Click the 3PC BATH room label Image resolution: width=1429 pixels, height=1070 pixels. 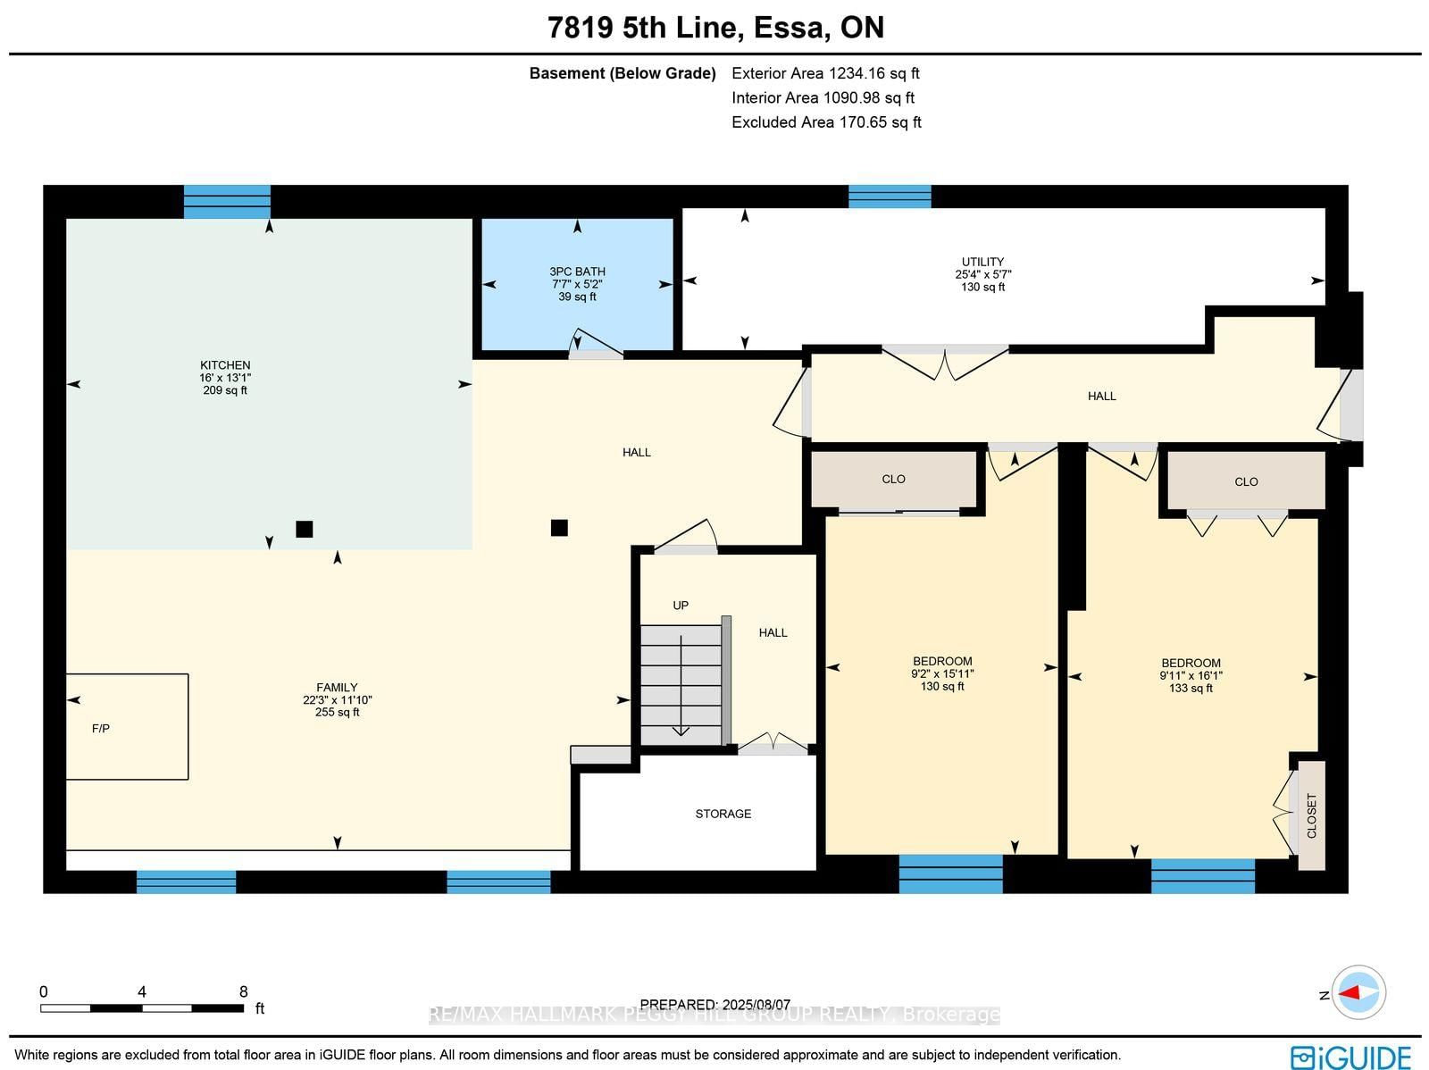point(577,272)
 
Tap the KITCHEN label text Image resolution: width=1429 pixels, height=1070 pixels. point(225,364)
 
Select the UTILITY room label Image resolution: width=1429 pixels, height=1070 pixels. point(982,262)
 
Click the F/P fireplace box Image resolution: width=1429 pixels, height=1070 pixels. point(127,726)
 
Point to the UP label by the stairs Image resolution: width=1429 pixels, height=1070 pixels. point(681,606)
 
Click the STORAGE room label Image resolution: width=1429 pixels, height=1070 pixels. point(723,814)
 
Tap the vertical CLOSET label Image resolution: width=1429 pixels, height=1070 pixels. point(1311,815)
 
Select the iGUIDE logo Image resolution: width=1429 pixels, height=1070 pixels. point(1350,1057)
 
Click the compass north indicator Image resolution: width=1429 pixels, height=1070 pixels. point(1358,993)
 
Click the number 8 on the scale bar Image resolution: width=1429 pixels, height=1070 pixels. point(243,991)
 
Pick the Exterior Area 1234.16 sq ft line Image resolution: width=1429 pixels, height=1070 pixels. point(825,73)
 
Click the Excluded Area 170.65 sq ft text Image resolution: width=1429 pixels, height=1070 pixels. point(826,122)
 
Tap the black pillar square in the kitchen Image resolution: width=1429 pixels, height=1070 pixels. point(304,529)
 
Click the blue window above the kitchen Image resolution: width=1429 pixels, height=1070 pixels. point(227,201)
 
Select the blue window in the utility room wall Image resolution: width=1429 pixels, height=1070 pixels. point(890,196)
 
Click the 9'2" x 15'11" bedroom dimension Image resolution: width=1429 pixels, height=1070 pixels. point(942,674)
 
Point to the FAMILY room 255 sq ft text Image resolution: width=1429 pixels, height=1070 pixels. point(337,713)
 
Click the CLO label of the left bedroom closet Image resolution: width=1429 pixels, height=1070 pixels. point(893,480)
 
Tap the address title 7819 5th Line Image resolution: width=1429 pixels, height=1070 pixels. point(643,28)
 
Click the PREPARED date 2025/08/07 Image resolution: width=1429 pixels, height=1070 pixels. point(715,1005)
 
